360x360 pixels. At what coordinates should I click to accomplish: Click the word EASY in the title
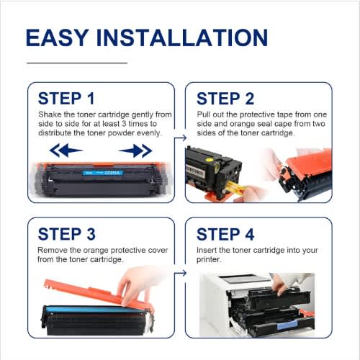point(56,37)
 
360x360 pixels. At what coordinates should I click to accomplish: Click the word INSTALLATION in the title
point(182,37)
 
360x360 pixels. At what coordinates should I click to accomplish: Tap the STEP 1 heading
point(66,99)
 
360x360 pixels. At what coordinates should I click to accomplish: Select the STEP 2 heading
point(225,99)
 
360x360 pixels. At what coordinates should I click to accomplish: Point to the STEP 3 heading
point(67,234)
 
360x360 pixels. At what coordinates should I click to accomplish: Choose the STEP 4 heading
point(225,234)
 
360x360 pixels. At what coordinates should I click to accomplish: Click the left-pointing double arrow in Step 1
point(66,150)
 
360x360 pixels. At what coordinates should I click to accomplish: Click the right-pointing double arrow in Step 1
point(135,150)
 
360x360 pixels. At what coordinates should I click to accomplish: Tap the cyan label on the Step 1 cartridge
point(103,173)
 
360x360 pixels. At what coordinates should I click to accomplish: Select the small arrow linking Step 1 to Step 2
point(180,138)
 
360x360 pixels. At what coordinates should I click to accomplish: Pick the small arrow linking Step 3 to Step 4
point(180,273)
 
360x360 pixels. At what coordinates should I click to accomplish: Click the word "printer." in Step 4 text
point(208,259)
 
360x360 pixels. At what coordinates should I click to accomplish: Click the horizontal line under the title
point(77,63)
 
